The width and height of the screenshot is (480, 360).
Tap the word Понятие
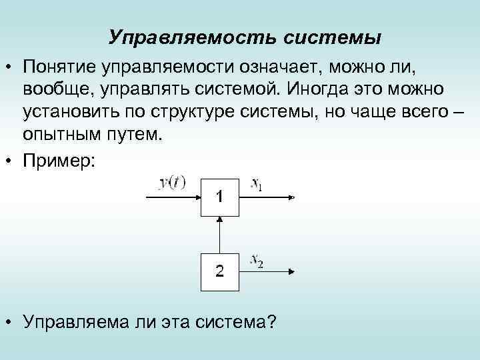click(x=60, y=67)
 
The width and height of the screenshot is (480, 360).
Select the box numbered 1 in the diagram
click(x=219, y=197)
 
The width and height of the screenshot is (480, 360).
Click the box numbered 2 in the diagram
click(x=219, y=271)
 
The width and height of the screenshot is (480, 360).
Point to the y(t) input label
click(x=172, y=183)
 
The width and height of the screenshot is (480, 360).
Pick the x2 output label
click(x=256, y=261)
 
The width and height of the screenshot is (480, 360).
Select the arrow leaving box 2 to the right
click(x=267, y=271)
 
